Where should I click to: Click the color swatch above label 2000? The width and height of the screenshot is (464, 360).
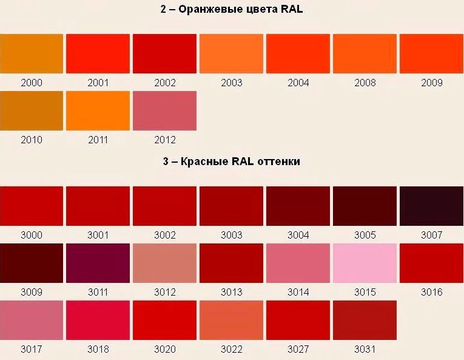click(x=32, y=53)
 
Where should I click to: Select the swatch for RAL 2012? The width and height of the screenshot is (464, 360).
click(x=164, y=110)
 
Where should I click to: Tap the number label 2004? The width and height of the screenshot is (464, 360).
click(x=298, y=83)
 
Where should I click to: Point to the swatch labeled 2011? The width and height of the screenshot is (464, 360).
click(x=98, y=110)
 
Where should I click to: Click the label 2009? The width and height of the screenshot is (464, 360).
click(x=432, y=83)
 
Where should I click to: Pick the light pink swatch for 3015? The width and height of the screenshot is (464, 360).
click(x=365, y=263)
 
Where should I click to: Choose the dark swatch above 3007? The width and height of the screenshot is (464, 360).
click(x=431, y=206)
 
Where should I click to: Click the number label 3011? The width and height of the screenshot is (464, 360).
click(x=98, y=292)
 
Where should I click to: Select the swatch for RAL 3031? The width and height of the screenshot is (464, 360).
click(x=365, y=321)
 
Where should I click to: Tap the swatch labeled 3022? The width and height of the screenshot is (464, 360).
click(x=232, y=321)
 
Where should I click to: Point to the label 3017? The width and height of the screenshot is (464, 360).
click(x=32, y=349)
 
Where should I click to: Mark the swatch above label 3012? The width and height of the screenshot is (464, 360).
click(x=164, y=263)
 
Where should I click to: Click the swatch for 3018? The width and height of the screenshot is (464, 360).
click(x=98, y=321)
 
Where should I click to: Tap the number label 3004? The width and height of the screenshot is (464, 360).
click(x=298, y=236)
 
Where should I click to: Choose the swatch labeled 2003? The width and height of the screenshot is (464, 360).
click(x=232, y=53)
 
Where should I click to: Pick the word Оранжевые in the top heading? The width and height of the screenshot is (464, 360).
click(x=211, y=10)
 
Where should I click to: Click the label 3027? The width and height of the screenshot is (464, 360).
click(x=298, y=349)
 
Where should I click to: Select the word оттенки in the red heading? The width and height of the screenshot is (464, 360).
click(x=279, y=161)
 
